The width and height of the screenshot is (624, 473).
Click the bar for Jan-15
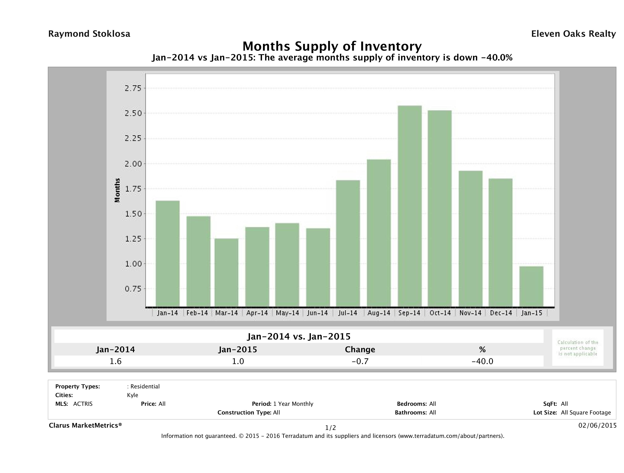pyautogui.click(x=531, y=286)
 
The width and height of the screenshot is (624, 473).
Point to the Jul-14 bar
pyautogui.click(x=348, y=243)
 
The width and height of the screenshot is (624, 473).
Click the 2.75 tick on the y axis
pyautogui.click(x=133, y=88)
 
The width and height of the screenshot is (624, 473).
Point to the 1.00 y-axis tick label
pyautogui.click(x=133, y=264)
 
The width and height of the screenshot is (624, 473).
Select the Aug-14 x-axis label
pyautogui.click(x=379, y=313)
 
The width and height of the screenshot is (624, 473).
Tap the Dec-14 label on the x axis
pyautogui.click(x=501, y=313)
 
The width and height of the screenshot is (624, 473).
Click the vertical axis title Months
pyautogui.click(x=117, y=190)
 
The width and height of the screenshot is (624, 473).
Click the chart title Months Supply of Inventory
pyautogui.click(x=332, y=46)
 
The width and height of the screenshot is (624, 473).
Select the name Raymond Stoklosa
pyautogui.click(x=89, y=34)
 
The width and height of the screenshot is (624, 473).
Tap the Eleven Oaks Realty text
pyautogui.click(x=573, y=34)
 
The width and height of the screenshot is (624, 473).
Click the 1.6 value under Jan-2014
pyautogui.click(x=115, y=361)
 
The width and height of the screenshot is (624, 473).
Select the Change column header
pyautogui.click(x=360, y=350)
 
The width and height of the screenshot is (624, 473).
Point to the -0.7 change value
pyautogui.click(x=360, y=361)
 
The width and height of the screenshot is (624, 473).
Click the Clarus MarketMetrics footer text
pyautogui.click(x=85, y=425)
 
